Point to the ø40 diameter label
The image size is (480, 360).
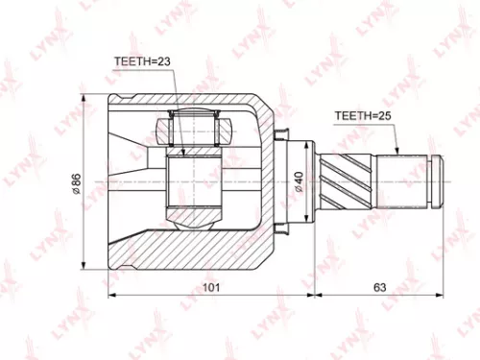300,180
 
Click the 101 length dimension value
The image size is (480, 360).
211,287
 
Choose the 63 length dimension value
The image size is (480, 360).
379,287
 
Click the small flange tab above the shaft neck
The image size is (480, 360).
284,132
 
